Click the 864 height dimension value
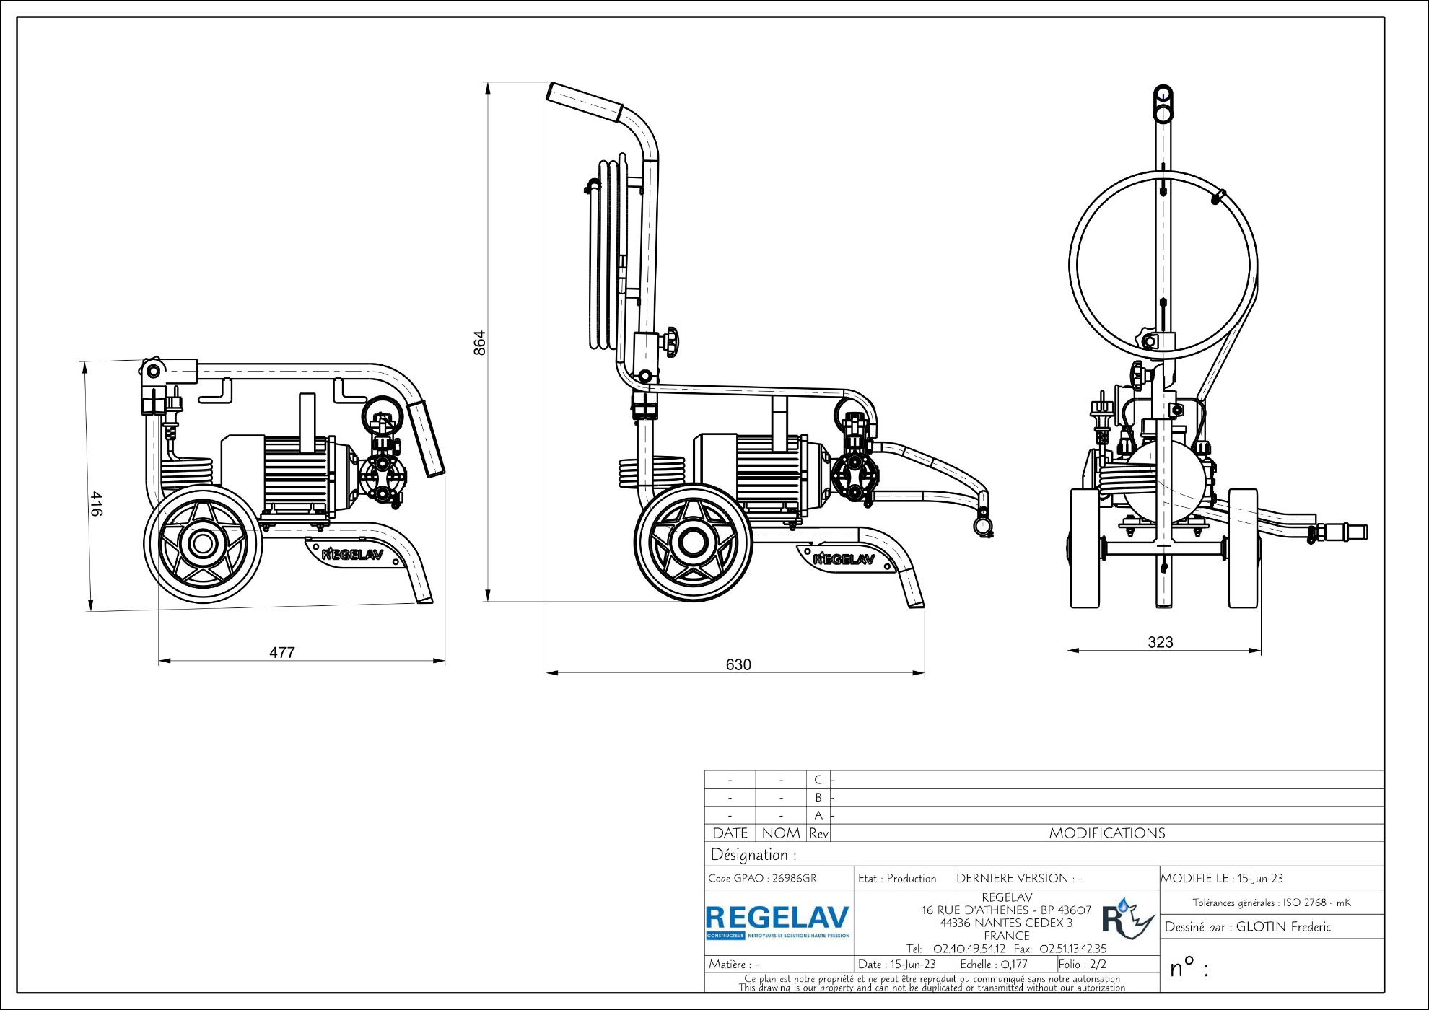(480, 343)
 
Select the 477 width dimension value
(282, 652)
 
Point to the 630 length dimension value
(738, 664)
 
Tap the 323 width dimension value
(1161, 642)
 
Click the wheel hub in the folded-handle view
(203, 544)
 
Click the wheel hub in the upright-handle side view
(693, 543)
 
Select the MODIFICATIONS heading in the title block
(1107, 833)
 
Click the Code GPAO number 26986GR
(794, 878)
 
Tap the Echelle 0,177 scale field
(994, 965)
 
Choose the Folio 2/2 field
(1083, 965)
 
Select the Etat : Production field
(897, 878)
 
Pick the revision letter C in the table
(818, 780)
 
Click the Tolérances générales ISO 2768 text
(1271, 903)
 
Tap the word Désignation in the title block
(749, 855)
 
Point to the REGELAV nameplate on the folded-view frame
(352, 554)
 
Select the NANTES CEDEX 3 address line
(1006, 923)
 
